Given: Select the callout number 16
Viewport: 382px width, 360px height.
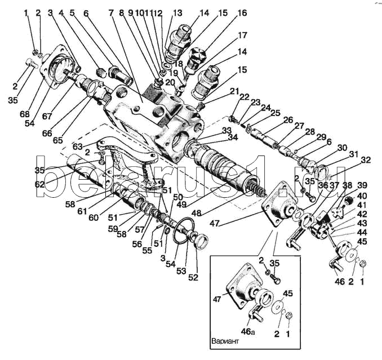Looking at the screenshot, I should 241,13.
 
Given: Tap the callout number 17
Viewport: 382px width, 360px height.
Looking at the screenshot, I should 242,35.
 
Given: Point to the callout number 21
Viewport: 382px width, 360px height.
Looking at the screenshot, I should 234,91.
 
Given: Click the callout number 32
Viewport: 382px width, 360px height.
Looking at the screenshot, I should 365,159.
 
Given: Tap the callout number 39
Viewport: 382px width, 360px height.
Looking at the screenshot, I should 362,186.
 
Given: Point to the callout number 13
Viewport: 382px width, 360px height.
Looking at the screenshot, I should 177,12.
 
